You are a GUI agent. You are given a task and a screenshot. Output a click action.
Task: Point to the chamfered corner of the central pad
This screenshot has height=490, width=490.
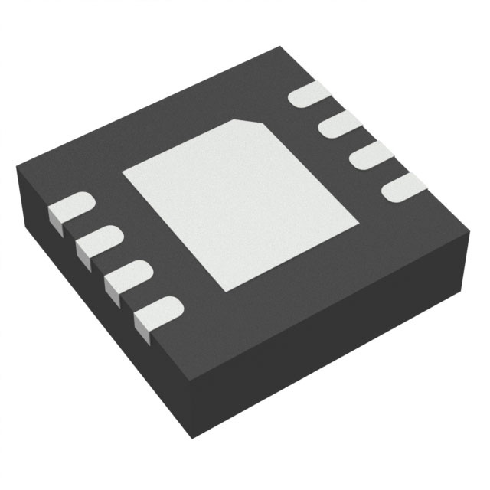click(x=247, y=122)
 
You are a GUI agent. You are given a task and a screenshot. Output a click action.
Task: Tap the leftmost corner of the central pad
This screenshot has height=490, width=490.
click(x=124, y=173)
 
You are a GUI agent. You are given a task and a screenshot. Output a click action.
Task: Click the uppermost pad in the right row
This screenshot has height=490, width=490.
click(x=311, y=96)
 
